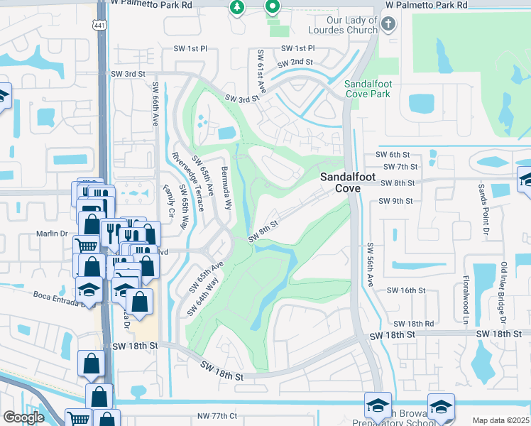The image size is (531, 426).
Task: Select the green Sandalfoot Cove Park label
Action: coord(368,89)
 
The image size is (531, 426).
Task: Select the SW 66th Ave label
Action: coord(155,104)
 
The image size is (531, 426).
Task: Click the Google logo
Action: coord(23,417)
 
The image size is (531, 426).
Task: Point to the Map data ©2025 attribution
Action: coord(501,420)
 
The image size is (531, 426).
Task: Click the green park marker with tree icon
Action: coord(236,8)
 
